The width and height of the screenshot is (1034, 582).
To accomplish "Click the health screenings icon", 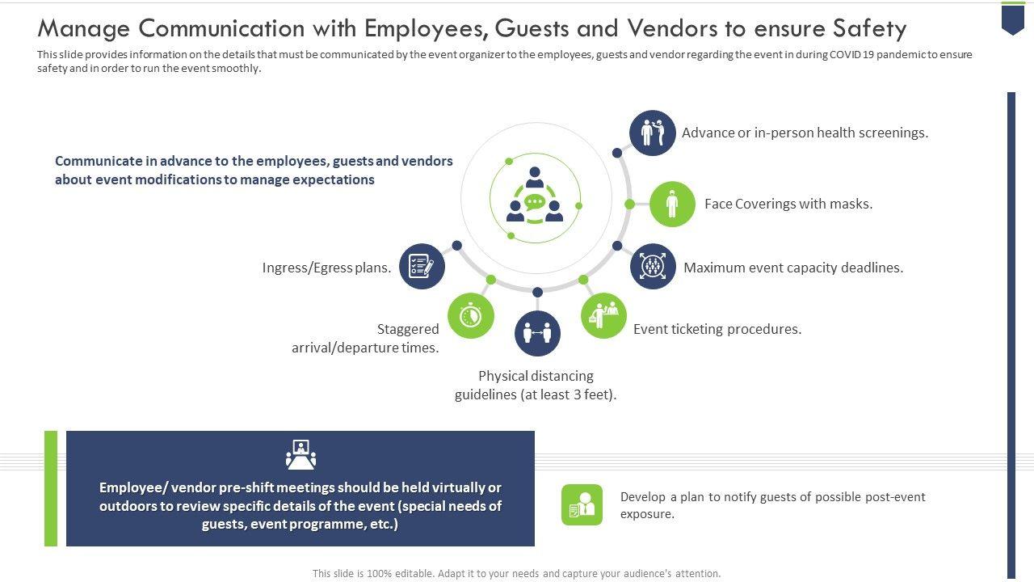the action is pos(653,133).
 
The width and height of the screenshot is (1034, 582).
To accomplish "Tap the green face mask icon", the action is pos(672,204).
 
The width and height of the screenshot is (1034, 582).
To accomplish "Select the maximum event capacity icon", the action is pos(653,266).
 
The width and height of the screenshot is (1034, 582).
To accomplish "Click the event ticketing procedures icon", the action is pos(603,315).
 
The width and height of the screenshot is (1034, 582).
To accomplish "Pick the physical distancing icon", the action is pos(537,333).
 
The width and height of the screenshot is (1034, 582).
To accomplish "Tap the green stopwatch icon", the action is pos(471,315).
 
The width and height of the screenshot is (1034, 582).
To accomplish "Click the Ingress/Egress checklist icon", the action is pos(422,266).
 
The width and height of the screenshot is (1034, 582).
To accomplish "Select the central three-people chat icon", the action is pos(535,197).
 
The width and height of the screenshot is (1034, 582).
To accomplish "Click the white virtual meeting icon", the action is pos(301,454).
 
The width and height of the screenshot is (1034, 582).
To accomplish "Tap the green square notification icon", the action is pos(582,505).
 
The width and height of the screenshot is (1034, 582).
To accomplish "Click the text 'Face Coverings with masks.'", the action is pos(788,204).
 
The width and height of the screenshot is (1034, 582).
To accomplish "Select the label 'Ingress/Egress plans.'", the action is pos(326,268).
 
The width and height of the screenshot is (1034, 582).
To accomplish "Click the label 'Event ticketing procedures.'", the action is pos(717,329).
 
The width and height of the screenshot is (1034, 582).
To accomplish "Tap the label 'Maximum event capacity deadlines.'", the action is pos(793,268).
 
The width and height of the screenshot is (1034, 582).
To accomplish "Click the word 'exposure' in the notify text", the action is pos(645,514).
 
